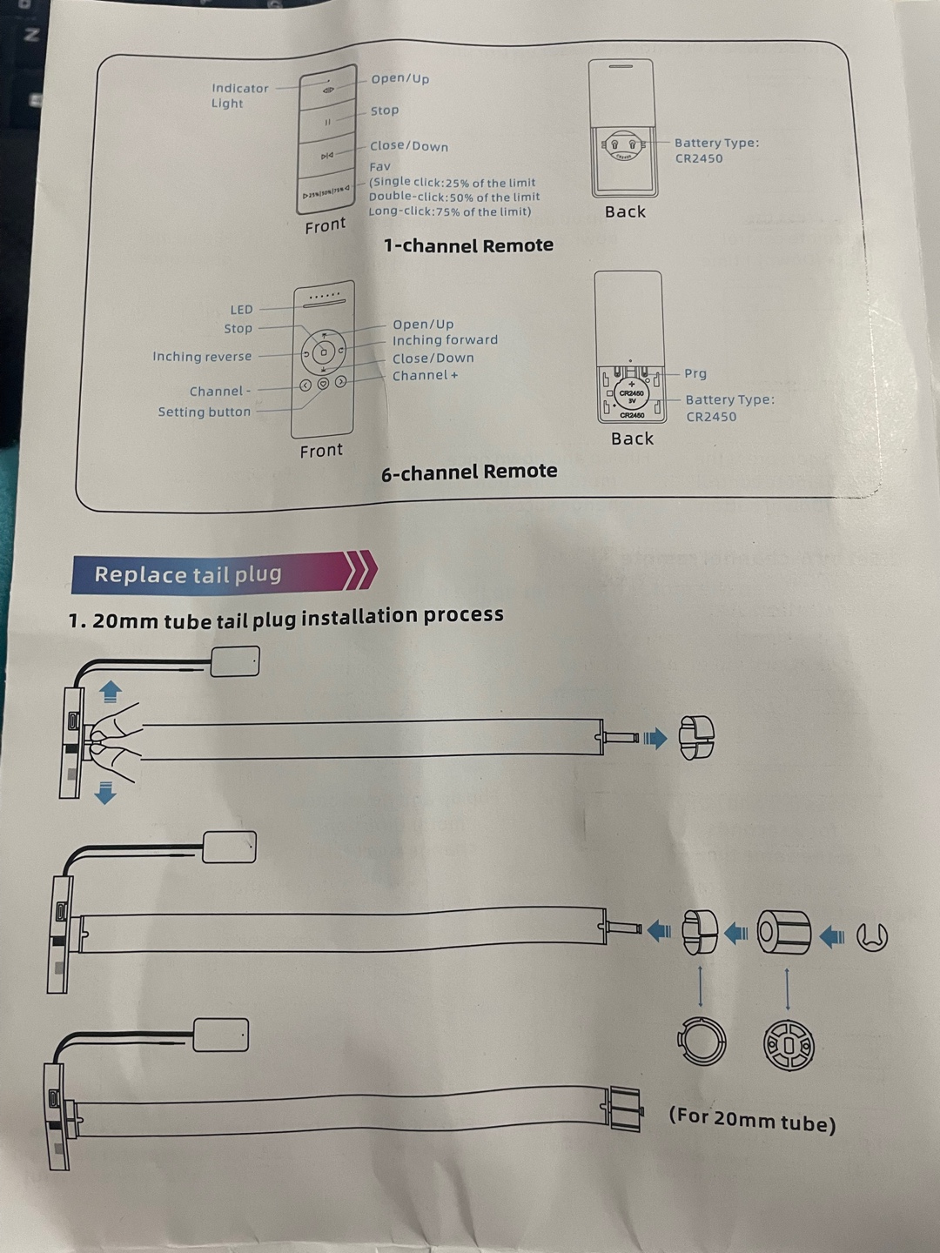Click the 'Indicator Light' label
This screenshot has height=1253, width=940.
[x=239, y=96]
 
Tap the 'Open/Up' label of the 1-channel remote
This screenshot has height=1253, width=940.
[x=400, y=79]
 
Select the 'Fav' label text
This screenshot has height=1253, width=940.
[x=380, y=166]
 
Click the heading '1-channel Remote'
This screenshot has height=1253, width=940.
[x=468, y=246]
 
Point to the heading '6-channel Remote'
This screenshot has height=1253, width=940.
[x=469, y=472]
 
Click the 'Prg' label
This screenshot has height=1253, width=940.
[x=695, y=374]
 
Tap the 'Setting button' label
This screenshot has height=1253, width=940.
[x=205, y=412]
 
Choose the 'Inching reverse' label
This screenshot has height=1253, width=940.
[x=202, y=357]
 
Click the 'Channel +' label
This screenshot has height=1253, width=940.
[x=425, y=376]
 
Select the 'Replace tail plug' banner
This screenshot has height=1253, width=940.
[x=189, y=574]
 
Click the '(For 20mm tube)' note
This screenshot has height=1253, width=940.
[x=752, y=1119]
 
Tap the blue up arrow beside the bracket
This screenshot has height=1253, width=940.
[x=110, y=692]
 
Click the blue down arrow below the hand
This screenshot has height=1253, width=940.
[x=105, y=793]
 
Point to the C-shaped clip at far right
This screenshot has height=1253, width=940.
[x=871, y=937]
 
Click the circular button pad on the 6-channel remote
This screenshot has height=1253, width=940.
[x=323, y=352]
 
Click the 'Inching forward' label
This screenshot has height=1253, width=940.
[x=445, y=340]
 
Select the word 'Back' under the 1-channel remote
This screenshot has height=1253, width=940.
[x=625, y=212]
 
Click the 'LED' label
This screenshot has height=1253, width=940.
[x=241, y=310]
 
